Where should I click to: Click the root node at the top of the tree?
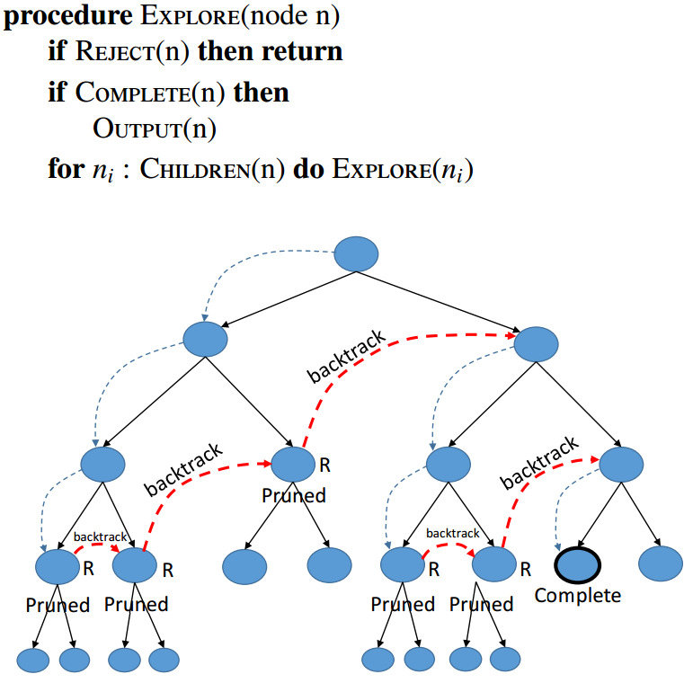tap(358, 253)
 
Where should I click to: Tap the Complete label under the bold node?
tap(577, 595)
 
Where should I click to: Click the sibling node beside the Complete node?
tap(662, 563)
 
